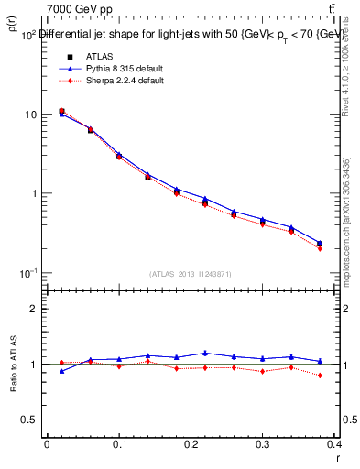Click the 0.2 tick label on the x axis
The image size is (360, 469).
pos(191,444)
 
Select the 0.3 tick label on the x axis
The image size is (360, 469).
pos(264,444)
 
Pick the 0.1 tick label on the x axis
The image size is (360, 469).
pos(119,444)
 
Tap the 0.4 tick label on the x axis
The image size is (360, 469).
pos(335,444)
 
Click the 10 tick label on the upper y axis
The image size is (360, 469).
pos(29,115)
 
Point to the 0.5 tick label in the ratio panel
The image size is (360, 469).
pos(29,420)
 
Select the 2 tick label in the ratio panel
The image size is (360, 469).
pos(33,309)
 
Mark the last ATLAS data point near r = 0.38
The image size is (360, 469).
pos(319,244)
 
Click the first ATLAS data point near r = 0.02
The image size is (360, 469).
pos(61,111)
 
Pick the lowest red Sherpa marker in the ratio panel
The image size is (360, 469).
pos(319,375)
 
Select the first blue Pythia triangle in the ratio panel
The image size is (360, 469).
pos(61,371)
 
